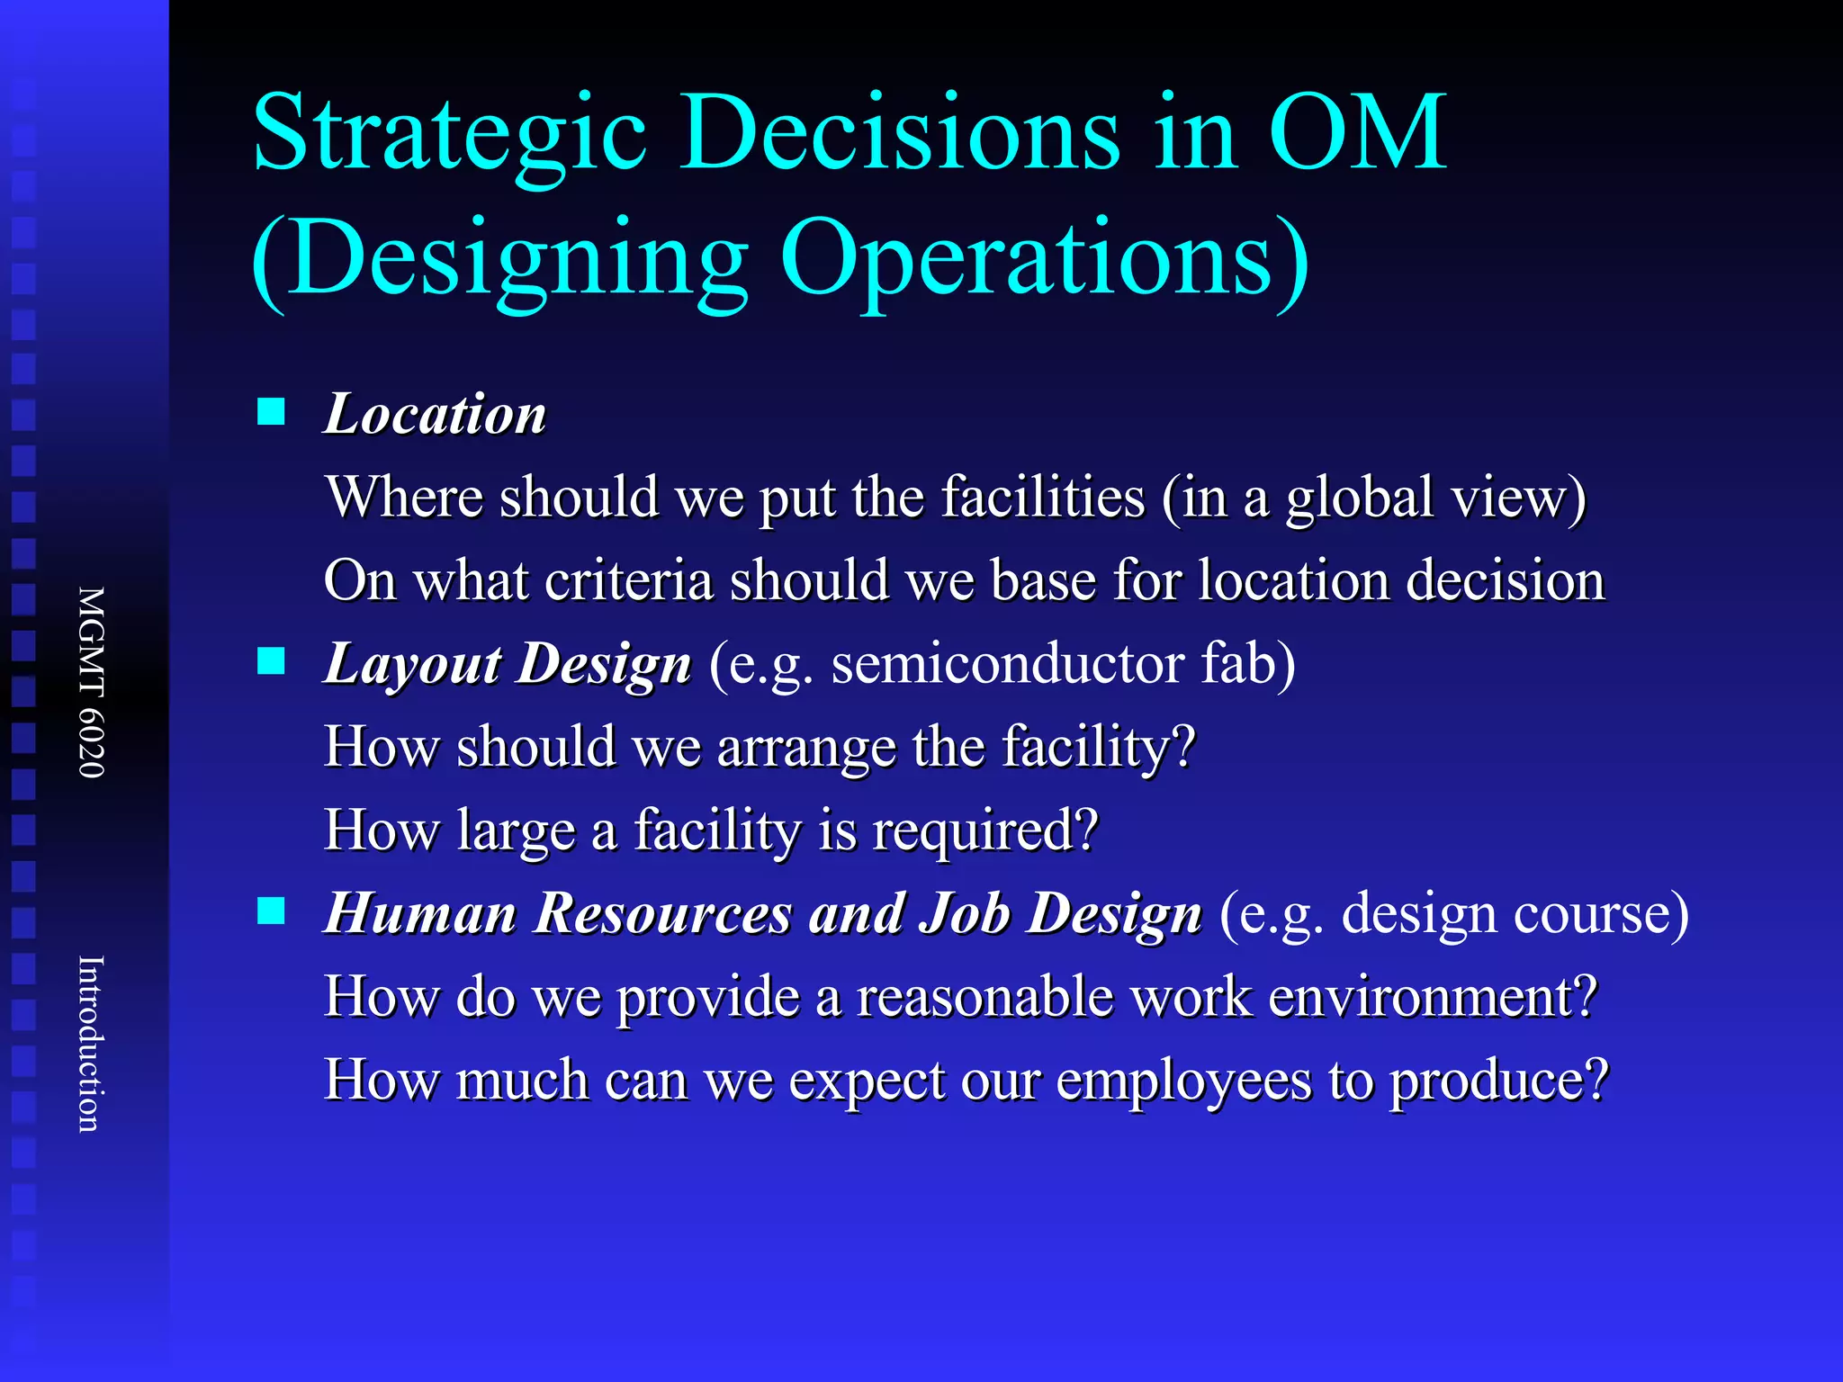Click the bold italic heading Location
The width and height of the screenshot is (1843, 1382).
(x=436, y=415)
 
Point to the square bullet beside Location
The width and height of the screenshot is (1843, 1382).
(x=271, y=412)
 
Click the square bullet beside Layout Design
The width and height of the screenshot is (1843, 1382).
(x=271, y=661)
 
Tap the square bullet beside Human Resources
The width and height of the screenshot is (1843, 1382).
(x=271, y=911)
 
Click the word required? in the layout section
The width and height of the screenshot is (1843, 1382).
(x=985, y=830)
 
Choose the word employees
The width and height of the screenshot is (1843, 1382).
(x=1183, y=1081)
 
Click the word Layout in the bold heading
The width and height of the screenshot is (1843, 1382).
(x=412, y=666)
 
